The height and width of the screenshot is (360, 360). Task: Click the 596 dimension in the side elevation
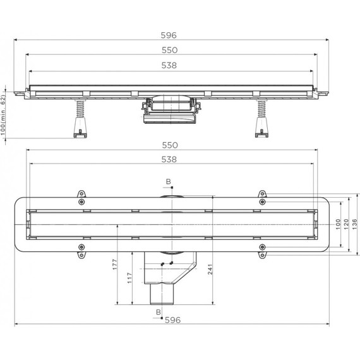click(x=168, y=36)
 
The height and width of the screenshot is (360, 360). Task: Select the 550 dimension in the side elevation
click(x=168, y=50)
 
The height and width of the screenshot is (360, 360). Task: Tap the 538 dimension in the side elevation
click(x=168, y=65)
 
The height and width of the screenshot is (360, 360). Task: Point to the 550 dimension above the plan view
click(x=168, y=145)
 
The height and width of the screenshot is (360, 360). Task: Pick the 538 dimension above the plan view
click(x=168, y=160)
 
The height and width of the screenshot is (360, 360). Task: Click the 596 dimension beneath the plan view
click(x=172, y=320)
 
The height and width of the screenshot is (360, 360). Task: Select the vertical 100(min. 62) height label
click(x=4, y=112)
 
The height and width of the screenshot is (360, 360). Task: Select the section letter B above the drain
click(x=168, y=181)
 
